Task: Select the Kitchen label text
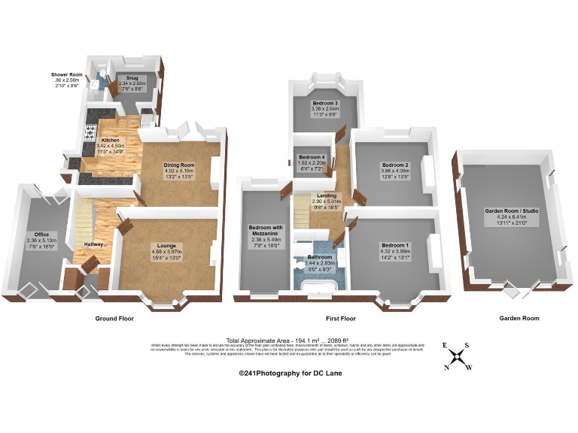[x=111, y=141]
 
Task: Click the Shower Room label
[x=66, y=75]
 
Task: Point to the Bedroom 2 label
[x=394, y=165]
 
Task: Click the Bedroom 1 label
[x=394, y=246]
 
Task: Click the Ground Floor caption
[x=115, y=319]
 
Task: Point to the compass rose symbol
[x=456, y=356]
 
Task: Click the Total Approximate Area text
[x=288, y=340]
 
